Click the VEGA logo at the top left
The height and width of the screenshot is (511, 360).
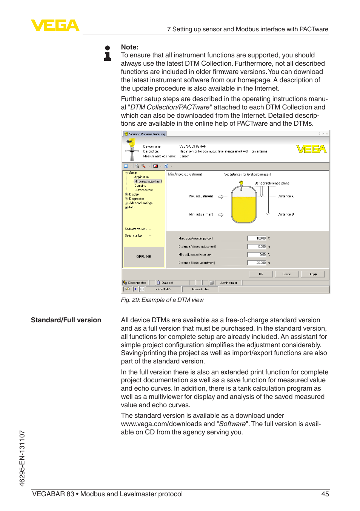[x=55, y=25]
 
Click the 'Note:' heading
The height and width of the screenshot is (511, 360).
[x=129, y=47]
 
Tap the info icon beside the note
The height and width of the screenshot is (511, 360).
[x=108, y=53]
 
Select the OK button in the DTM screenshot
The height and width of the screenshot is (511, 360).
[x=261, y=274]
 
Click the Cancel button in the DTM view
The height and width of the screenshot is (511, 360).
[x=287, y=274]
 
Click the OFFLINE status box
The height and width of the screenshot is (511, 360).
[x=144, y=257]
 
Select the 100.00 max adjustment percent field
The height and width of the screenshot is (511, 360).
[x=257, y=239]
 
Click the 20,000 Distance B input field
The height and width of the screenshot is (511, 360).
[x=257, y=263]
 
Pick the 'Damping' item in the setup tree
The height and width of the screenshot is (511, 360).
[x=140, y=186]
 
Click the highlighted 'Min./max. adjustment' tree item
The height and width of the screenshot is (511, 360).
[x=148, y=182]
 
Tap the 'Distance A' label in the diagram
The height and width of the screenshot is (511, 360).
[x=285, y=196]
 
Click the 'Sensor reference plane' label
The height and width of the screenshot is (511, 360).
[x=272, y=183]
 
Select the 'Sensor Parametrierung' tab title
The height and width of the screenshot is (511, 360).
[x=147, y=134]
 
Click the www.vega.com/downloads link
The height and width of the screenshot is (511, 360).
[x=161, y=424]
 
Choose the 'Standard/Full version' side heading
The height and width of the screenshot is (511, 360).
[x=66, y=320]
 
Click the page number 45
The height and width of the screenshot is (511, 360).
[x=325, y=494]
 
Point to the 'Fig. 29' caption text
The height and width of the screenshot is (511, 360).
[x=162, y=300]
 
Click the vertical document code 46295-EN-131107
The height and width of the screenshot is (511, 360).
[x=22, y=458]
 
